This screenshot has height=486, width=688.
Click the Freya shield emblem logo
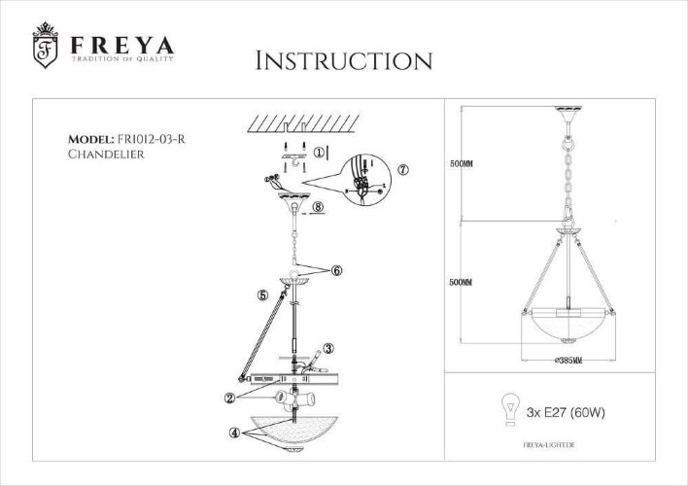(x=43, y=49)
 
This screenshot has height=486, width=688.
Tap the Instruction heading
(x=342, y=60)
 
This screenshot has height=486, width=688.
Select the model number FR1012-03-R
(x=148, y=139)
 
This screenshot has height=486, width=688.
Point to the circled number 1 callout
(x=320, y=153)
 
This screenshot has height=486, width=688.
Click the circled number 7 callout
(x=404, y=168)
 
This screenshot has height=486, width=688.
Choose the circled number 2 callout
(x=229, y=397)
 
